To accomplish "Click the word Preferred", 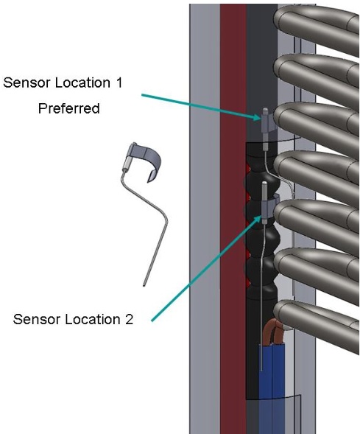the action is point(69,108).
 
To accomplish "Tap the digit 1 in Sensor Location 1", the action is point(119,83).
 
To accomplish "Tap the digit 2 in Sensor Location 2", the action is point(129,319).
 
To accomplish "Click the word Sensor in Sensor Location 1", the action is point(26,83).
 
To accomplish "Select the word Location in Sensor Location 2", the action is point(87,319).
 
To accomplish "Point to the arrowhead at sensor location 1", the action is point(257,117).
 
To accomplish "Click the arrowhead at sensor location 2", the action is point(258,220).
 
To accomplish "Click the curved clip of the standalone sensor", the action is point(147,159).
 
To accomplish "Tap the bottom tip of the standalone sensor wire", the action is point(144,285).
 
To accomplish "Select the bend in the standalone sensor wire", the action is point(166,218).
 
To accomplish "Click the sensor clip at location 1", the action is point(267,124).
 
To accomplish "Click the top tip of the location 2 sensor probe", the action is point(265,183).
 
